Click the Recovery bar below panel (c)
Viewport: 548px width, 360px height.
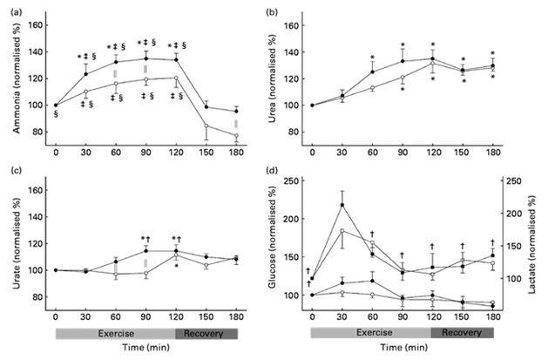coord(206,333)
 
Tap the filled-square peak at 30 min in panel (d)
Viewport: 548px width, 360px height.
coord(342,205)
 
